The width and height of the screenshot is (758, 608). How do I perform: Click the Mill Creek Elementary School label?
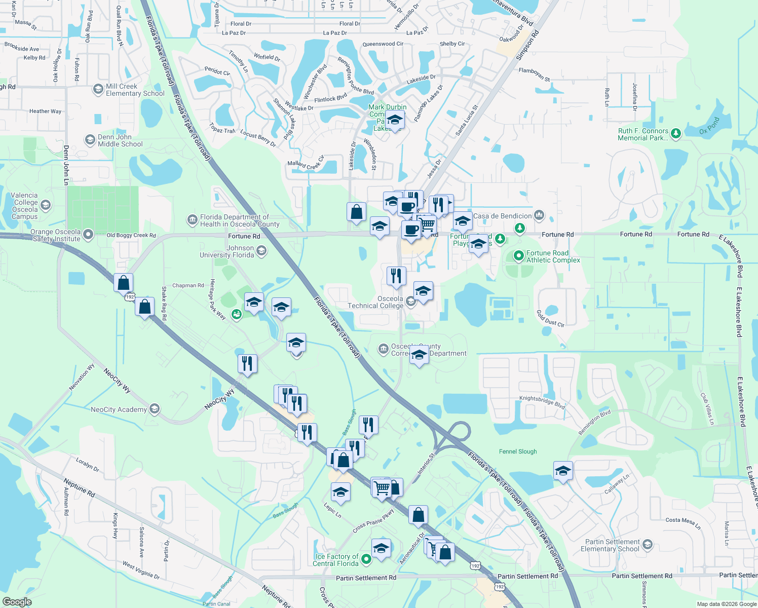pyautogui.click(x=135, y=90)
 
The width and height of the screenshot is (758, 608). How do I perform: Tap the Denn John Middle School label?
pyautogui.click(x=120, y=140)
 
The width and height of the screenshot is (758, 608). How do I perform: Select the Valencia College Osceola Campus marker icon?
pyautogui.click(x=46, y=205)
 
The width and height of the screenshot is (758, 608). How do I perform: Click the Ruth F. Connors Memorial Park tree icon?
pyautogui.click(x=675, y=134)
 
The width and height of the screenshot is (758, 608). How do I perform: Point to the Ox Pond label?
pyautogui.click(x=709, y=126)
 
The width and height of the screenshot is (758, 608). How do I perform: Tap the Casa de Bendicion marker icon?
pyautogui.click(x=539, y=215)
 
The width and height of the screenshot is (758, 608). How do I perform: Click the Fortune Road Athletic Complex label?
pyautogui.click(x=553, y=256)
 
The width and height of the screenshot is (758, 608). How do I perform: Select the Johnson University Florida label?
pyautogui.click(x=227, y=251)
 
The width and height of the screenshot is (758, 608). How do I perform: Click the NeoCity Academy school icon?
pyautogui.click(x=155, y=408)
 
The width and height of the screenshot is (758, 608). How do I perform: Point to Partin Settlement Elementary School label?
pyautogui.click(x=610, y=545)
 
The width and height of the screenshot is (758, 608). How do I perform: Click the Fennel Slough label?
pyautogui.click(x=518, y=451)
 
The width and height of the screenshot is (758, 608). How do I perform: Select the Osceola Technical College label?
pyautogui.click(x=375, y=302)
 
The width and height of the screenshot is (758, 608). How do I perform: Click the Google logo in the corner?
pyautogui.click(x=17, y=602)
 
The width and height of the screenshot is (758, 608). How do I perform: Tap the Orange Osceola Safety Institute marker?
pyautogui.click(x=89, y=234)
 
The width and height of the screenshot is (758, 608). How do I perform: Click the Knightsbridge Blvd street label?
pyautogui.click(x=542, y=402)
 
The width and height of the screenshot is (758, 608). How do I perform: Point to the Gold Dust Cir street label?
pyautogui.click(x=550, y=319)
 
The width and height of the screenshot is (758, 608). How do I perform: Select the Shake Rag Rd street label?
pyautogui.click(x=164, y=303)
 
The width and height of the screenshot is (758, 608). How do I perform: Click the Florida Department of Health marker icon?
pyautogui.click(x=192, y=220)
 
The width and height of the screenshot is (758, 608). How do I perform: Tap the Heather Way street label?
pyautogui.click(x=45, y=111)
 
